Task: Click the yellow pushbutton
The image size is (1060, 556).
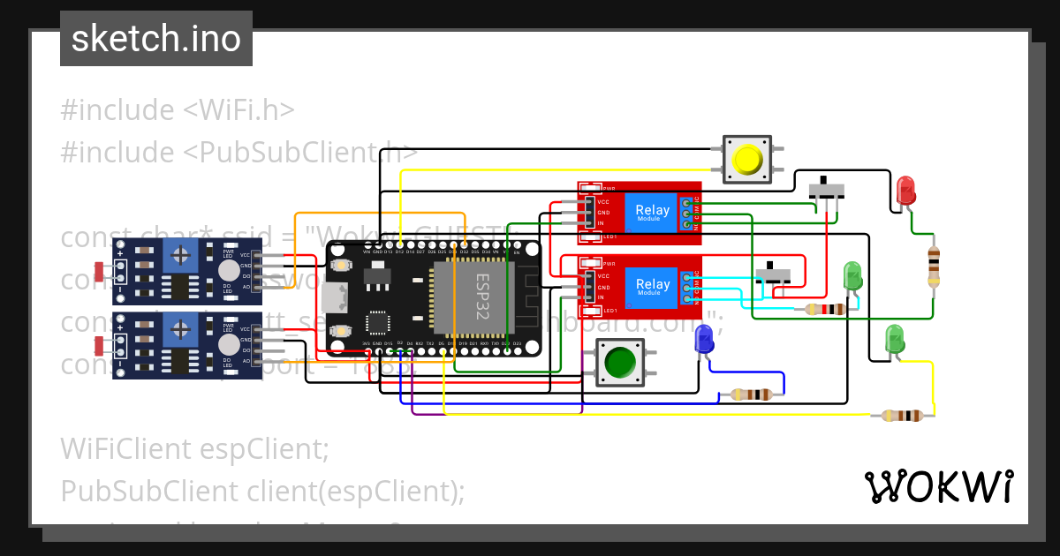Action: (x=747, y=160)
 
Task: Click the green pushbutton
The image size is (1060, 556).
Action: (x=621, y=363)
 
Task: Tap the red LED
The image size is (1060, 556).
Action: (x=905, y=191)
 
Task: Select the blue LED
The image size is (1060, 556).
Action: (x=704, y=339)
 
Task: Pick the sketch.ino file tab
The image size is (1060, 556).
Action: (x=156, y=39)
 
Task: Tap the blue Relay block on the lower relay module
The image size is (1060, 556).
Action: (x=652, y=285)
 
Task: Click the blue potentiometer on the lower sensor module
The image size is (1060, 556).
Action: (x=180, y=331)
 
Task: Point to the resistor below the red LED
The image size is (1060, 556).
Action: (x=933, y=267)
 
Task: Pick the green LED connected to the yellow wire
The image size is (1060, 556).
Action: (x=895, y=339)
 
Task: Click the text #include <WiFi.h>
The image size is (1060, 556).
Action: (x=177, y=110)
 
